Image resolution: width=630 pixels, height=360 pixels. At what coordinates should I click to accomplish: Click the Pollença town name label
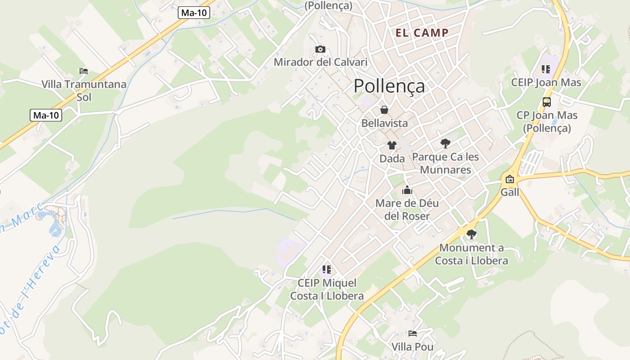click(389, 85)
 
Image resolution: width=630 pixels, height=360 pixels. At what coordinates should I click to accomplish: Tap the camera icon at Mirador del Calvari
click(320, 49)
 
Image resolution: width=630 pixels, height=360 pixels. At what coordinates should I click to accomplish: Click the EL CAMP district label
click(422, 32)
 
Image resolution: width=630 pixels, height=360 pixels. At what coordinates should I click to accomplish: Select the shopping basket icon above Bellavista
click(384, 110)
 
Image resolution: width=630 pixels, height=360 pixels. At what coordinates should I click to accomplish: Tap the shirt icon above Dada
click(392, 145)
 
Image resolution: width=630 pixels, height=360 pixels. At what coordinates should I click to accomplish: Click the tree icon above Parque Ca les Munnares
click(445, 144)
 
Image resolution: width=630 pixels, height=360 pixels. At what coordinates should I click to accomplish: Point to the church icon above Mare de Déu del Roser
click(407, 190)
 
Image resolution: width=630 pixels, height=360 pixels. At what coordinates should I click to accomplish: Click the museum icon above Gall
click(509, 179)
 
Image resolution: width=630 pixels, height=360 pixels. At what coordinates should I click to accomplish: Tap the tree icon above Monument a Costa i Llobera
click(471, 234)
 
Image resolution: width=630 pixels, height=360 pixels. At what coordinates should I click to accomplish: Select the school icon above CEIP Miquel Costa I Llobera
click(327, 270)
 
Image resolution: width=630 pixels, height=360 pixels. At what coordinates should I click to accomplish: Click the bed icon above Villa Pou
click(413, 333)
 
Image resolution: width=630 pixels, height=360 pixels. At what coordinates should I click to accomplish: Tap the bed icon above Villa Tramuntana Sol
click(84, 71)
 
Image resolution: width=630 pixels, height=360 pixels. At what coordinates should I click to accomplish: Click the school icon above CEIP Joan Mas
click(546, 69)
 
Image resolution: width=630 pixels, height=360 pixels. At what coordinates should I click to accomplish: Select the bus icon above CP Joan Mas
click(547, 102)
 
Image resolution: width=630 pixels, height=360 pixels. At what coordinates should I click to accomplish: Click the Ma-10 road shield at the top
click(194, 13)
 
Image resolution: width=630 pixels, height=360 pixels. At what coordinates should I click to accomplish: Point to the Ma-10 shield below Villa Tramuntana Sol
click(46, 115)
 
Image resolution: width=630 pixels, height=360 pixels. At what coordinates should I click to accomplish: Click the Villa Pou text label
click(413, 347)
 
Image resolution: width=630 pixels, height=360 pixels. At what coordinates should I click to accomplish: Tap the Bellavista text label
click(385, 123)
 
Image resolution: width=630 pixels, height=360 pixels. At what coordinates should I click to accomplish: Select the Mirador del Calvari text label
click(320, 62)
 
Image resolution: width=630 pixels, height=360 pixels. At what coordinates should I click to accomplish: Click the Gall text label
click(510, 192)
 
